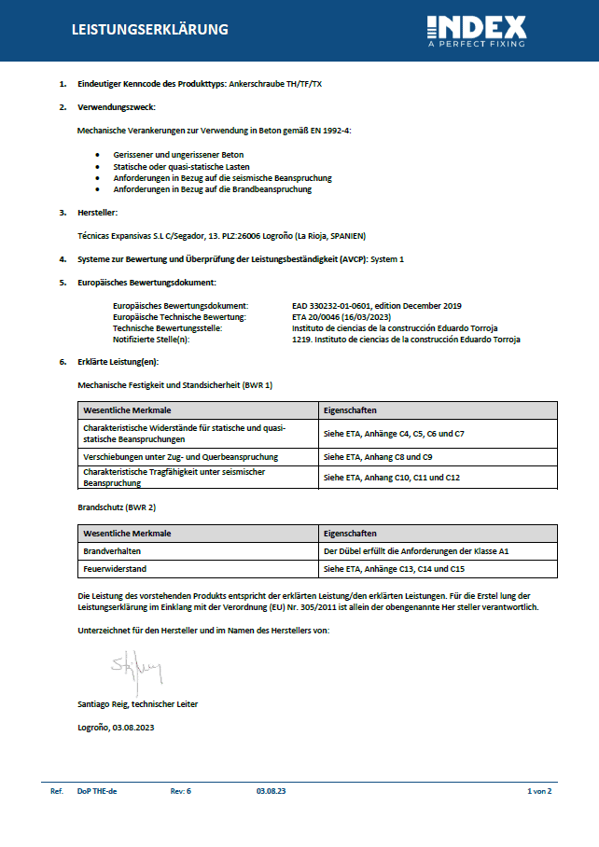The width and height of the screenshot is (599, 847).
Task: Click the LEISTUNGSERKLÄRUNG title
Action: pyautogui.click(x=150, y=30)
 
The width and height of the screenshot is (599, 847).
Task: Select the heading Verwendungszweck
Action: pyautogui.click(x=116, y=107)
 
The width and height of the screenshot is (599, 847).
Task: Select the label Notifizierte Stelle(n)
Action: pyautogui.click(x=150, y=340)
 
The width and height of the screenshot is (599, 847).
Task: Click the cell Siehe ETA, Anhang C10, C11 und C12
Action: pyautogui.click(x=392, y=478)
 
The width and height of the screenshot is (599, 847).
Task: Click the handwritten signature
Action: pyautogui.click(x=137, y=669)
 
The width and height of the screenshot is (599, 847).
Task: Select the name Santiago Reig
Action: pyautogui.click(x=137, y=703)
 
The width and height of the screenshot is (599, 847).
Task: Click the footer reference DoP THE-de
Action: pyautogui.click(x=97, y=791)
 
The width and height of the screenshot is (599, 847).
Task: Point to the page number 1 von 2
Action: pyautogui.click(x=539, y=791)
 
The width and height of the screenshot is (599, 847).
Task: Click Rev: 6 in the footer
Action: pyautogui.click(x=181, y=791)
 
